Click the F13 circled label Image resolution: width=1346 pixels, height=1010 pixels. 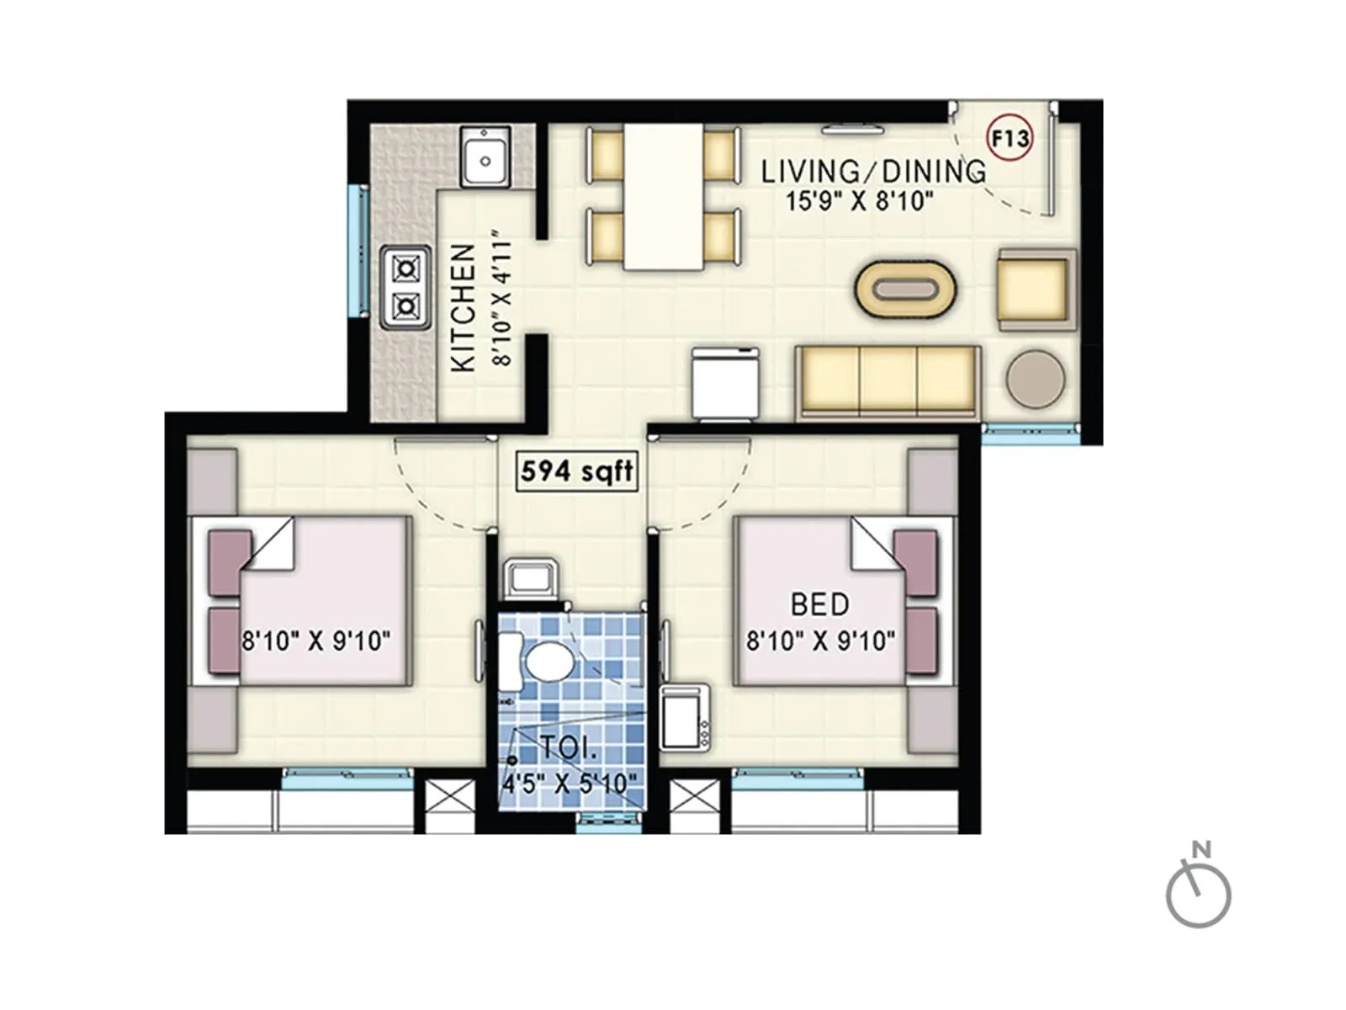coord(1009,138)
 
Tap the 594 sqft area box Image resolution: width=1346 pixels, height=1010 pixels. coord(576,471)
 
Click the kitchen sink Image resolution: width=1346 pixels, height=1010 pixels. coord(485,157)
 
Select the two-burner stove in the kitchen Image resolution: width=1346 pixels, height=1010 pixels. coord(406,287)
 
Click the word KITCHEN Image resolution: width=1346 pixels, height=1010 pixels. coord(464,308)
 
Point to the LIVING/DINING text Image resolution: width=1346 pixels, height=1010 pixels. coord(872,172)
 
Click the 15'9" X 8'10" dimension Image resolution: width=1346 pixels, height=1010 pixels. coord(859,201)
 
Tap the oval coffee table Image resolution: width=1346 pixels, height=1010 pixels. coord(905,290)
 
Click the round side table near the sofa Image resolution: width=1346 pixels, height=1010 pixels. coord(1036,379)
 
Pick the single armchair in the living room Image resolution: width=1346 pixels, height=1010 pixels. coord(1036,289)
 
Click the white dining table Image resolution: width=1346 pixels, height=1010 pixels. coord(663,197)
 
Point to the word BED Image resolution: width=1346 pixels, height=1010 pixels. coord(819,604)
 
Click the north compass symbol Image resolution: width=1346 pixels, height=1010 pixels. coord(1199,892)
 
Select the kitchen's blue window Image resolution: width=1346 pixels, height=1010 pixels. coord(359,252)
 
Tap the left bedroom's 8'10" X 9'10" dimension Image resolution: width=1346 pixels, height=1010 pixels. coord(316,641)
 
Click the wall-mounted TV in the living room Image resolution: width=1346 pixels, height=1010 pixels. coord(852,130)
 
